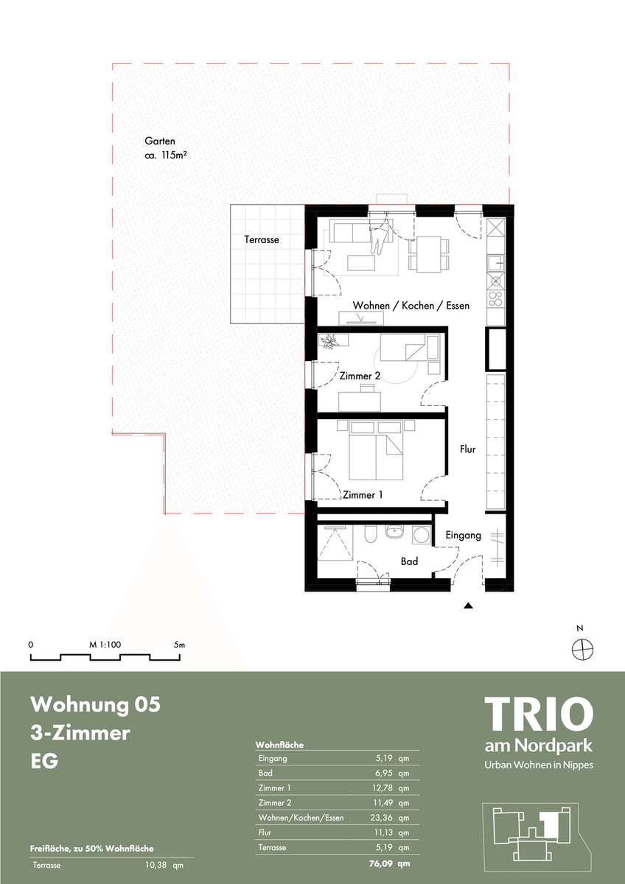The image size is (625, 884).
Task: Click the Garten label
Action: pyautogui.click(x=160, y=141)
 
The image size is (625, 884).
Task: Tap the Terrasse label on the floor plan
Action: pyautogui.click(x=262, y=239)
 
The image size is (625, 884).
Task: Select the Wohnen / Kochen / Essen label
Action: pyautogui.click(x=411, y=306)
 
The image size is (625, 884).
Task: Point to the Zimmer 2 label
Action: pyautogui.click(x=360, y=376)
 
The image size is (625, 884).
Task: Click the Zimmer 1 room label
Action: pyautogui.click(x=363, y=495)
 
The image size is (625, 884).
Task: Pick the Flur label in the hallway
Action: pyautogui.click(x=467, y=449)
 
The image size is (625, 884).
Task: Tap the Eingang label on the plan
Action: pyautogui.click(x=463, y=536)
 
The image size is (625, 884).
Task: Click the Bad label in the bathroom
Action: pyautogui.click(x=409, y=561)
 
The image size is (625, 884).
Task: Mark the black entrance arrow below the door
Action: pyautogui.click(x=468, y=606)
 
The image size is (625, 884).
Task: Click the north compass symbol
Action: pyautogui.click(x=583, y=649)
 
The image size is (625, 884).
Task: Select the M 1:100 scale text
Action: pyautogui.click(x=105, y=645)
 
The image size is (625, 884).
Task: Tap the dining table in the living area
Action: pyautogui.click(x=429, y=255)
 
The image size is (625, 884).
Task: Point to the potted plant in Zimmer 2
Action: pyautogui.click(x=329, y=341)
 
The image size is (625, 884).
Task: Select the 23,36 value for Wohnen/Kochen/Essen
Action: pyautogui.click(x=381, y=818)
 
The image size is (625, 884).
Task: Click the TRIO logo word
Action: pyautogui.click(x=539, y=714)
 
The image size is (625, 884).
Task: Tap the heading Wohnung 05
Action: pyautogui.click(x=96, y=704)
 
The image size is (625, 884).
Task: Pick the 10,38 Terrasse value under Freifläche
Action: pyautogui.click(x=157, y=866)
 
